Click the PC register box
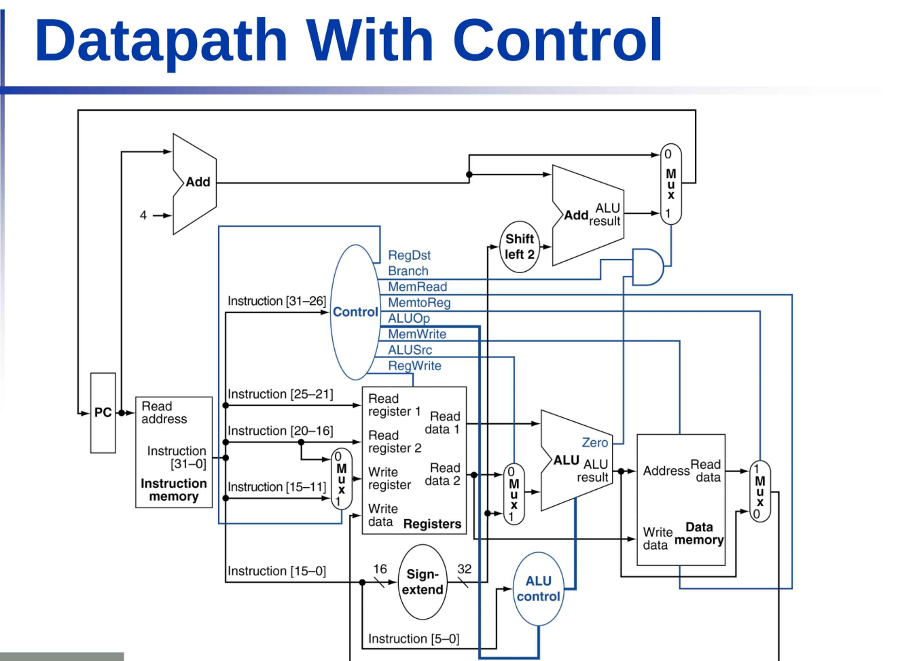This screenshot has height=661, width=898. point(103,412)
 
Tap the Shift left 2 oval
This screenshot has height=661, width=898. point(520,247)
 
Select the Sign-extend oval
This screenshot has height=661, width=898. point(423,582)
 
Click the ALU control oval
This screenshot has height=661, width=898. point(539,588)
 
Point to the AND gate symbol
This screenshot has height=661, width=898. point(647,267)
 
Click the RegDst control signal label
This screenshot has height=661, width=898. point(409,255)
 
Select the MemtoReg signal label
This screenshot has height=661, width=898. point(419,303)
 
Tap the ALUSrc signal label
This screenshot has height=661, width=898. point(410,350)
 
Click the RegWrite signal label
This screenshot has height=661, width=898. point(414,365)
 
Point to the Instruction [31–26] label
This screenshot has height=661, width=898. point(276,301)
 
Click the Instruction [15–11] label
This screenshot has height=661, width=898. point(276,487)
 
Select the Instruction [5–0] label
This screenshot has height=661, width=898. point(414,639)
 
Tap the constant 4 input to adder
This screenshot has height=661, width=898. point(143,215)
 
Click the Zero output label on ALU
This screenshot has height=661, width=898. point(595,442)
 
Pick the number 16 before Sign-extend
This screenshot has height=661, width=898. point(380,569)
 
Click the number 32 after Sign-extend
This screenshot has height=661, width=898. point(464,569)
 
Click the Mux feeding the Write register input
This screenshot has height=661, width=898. point(342,479)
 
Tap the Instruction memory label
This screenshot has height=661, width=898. point(174,490)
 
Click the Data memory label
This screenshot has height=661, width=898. point(699,533)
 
